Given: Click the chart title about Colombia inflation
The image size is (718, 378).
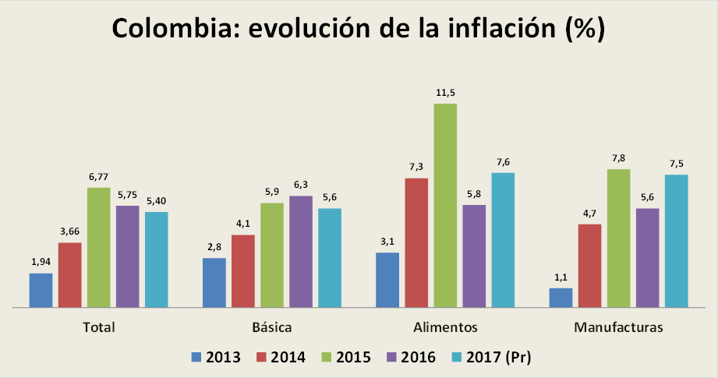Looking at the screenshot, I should [x=359, y=29].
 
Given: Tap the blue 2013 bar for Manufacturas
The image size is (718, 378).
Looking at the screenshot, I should [x=561, y=298].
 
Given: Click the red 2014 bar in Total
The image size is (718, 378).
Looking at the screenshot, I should [x=69, y=275].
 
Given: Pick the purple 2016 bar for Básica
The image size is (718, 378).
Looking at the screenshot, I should [x=301, y=252].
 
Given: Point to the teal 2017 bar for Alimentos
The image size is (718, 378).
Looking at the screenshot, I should [x=503, y=240].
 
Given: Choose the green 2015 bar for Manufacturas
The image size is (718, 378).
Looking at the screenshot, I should [x=618, y=238].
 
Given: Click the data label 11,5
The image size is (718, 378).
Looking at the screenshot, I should [x=445, y=93].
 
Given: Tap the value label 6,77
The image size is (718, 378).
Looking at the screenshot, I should [x=98, y=177].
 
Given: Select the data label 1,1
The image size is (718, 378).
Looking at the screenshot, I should [x=561, y=277].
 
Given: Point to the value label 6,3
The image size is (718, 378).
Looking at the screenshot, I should [x=301, y=185].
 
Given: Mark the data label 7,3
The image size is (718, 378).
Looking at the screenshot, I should [x=416, y=168].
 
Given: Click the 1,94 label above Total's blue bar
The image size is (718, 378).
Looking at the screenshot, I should [x=41, y=262].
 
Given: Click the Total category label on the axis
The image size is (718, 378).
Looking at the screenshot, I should [x=98, y=327].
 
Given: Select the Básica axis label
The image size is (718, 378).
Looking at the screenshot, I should [x=272, y=327].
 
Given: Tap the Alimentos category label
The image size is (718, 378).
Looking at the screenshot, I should [x=445, y=327].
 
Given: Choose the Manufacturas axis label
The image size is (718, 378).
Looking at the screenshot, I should [x=618, y=327].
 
